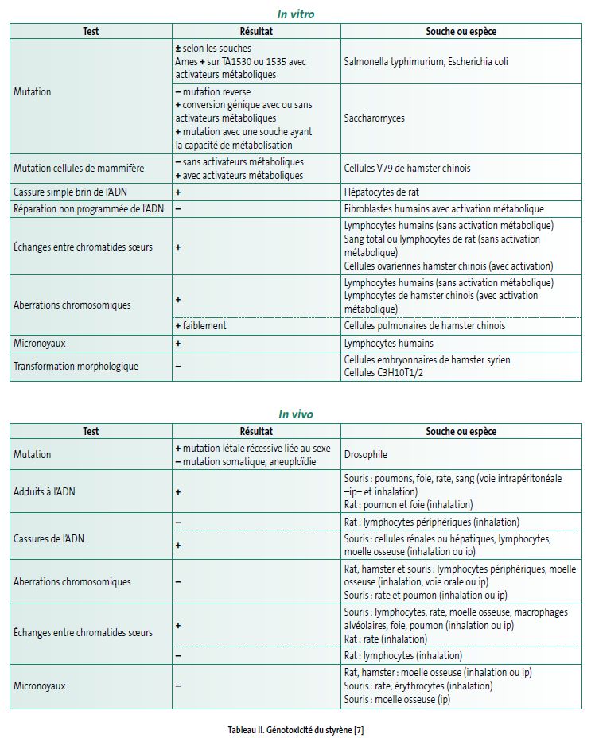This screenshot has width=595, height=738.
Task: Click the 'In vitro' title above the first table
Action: click(296, 14)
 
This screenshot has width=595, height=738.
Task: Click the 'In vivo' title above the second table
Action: click(296, 414)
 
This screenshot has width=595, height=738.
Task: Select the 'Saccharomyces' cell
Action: click(374, 118)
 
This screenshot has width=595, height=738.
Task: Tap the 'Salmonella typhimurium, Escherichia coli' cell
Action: click(426, 61)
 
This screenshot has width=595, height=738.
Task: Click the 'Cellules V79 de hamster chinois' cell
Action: click(406, 168)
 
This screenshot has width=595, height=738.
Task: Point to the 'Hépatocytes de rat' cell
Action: click(382, 192)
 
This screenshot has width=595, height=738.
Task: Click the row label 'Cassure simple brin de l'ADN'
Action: click(71, 192)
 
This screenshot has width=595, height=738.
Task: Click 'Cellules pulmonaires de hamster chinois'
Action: click(424, 325)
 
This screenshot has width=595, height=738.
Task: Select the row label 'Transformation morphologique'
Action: click(76, 366)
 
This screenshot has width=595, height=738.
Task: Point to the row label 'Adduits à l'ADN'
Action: click(45, 492)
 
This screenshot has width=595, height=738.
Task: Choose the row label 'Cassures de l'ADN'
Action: click(48, 538)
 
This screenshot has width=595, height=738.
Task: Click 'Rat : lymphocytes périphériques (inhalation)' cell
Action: click(431, 522)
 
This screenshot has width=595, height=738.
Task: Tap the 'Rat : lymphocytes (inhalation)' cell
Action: click(402, 656)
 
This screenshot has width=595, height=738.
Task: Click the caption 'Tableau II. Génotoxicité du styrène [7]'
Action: click(296, 728)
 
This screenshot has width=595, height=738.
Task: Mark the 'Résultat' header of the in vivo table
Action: click(255, 431)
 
